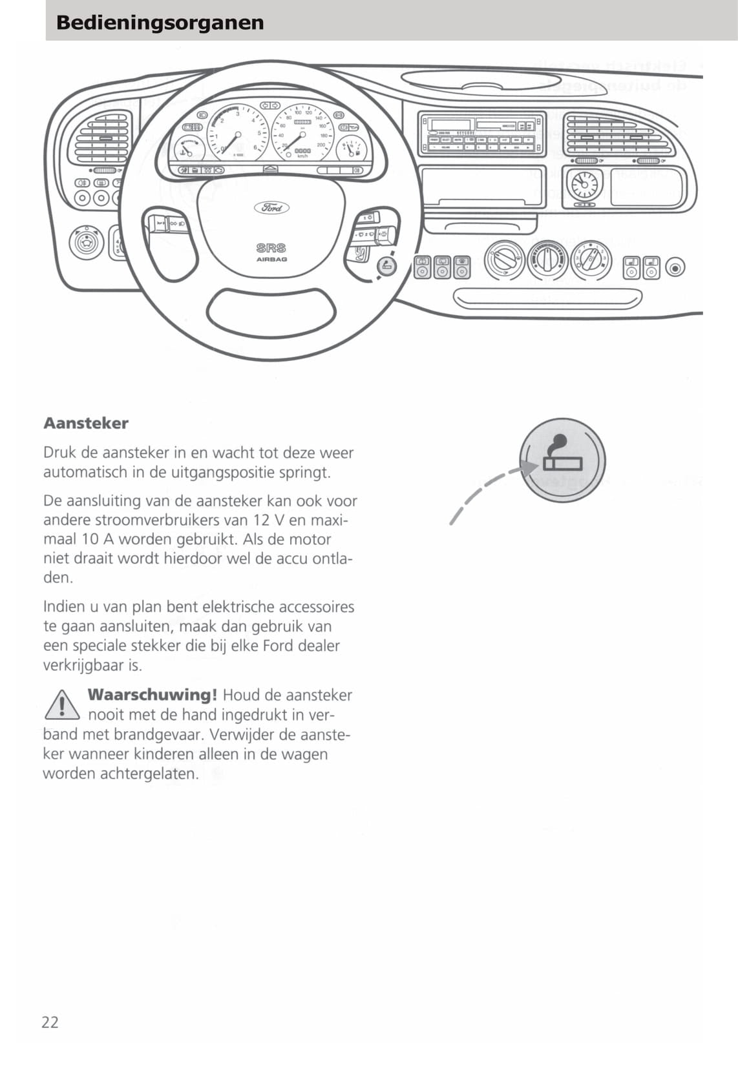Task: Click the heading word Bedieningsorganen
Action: tap(160, 23)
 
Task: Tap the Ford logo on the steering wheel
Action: tap(271, 208)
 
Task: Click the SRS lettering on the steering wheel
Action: tap(271, 248)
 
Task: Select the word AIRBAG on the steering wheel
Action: tap(271, 260)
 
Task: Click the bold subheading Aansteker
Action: tap(86, 424)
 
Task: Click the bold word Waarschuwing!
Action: tap(152, 695)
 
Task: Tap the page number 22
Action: tap(50, 1022)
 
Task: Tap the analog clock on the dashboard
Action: tap(584, 184)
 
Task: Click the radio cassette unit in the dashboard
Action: tap(481, 134)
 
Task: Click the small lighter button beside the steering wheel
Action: tap(386, 266)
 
